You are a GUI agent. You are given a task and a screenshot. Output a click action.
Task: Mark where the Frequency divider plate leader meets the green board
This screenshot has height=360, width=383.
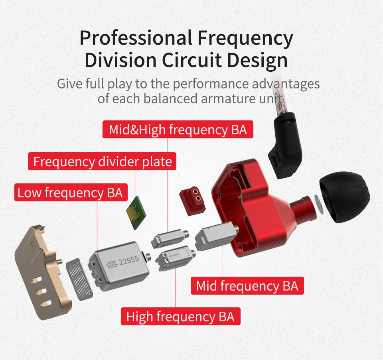pyautogui.click(x=135, y=198)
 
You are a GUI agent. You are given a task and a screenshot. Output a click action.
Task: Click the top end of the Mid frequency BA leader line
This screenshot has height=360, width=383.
pyautogui.click(x=222, y=245)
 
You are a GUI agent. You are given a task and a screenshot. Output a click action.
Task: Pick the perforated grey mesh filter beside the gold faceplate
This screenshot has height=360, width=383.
pyautogui.click(x=79, y=279)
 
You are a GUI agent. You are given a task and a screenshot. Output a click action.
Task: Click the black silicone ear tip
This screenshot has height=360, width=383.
pyautogui.click(x=345, y=197)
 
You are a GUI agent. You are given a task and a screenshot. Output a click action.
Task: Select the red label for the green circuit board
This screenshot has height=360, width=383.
pyautogui.click(x=102, y=161)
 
